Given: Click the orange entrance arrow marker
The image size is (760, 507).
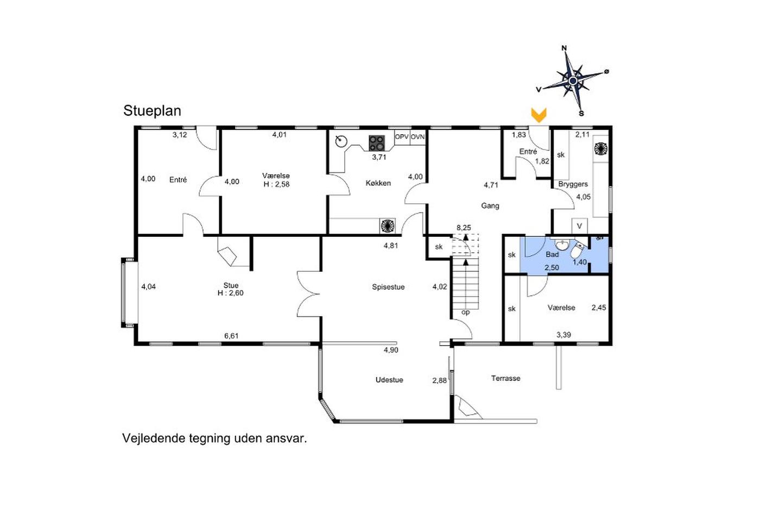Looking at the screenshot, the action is coord(539,115).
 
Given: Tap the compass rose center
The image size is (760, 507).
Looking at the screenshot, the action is coord(573,81).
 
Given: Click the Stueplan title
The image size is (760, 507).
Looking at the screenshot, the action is coord(152,111).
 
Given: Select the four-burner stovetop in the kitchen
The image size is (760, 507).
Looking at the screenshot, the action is coord(377,142).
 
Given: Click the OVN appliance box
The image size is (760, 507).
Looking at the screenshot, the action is coord(417,137).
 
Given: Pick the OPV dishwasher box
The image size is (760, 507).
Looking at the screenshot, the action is coord(402,137).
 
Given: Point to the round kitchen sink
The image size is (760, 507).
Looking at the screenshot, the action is coord(341,141).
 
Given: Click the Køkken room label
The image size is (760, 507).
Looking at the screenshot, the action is coord(378,183).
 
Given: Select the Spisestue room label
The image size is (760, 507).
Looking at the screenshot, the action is coord(388,287).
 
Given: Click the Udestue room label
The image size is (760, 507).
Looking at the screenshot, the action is coord(389,380).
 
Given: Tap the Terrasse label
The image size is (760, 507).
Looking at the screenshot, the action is coord(505,378).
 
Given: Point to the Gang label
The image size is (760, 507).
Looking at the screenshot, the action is coord(490,206).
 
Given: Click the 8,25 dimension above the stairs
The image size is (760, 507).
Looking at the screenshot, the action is coord(464,228).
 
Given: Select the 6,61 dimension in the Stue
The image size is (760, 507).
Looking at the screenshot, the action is coord(231,336).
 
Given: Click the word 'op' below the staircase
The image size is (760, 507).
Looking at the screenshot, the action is coord(466,312).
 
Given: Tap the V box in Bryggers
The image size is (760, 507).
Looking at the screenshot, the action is coord(580,226).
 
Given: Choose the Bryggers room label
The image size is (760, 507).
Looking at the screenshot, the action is coord(573,184).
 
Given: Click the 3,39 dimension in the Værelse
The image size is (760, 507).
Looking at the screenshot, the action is coord(563,335).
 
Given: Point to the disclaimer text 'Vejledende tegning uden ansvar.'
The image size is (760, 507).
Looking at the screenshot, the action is coord(214,439).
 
